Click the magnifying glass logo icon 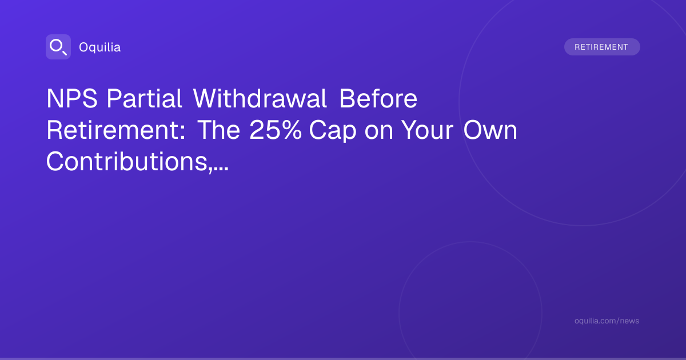58,47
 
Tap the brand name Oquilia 100,47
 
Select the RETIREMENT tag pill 602,47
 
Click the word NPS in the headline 72,98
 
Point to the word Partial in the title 144,98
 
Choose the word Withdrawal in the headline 260,98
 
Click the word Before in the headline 378,98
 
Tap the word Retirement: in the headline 115,130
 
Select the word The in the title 218,130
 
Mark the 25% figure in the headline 276,130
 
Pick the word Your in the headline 428,130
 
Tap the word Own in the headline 490,130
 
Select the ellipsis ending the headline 221,169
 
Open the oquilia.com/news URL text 607,321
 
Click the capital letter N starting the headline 55,98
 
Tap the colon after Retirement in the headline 182,133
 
